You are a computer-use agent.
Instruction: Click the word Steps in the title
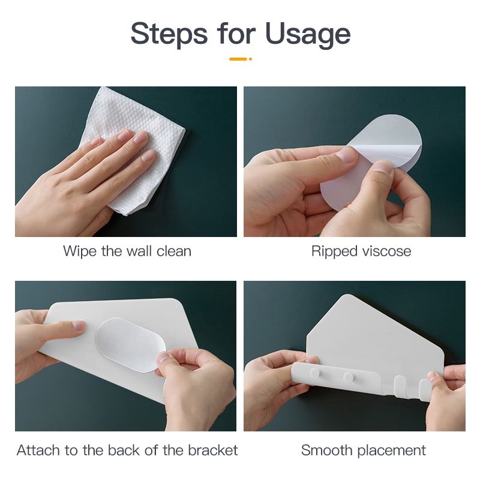(x=169, y=34)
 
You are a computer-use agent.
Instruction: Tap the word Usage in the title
(x=308, y=35)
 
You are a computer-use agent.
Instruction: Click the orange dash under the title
(x=238, y=59)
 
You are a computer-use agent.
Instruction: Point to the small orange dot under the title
(x=250, y=59)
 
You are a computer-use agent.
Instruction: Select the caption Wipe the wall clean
(x=127, y=251)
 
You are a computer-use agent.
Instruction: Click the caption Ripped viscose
(x=361, y=251)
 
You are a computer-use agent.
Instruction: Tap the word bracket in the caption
(x=212, y=451)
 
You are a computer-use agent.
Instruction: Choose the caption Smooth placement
(x=364, y=451)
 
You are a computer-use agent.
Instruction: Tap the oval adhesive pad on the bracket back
(x=130, y=345)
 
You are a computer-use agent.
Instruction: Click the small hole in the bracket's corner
(x=176, y=307)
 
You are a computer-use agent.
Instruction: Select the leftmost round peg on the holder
(x=314, y=373)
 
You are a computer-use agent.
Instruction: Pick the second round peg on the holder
(x=348, y=377)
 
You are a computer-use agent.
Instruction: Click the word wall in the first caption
(x=139, y=251)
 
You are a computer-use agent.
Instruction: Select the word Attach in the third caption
(x=38, y=451)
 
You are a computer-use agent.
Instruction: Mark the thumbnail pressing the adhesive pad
(x=163, y=357)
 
